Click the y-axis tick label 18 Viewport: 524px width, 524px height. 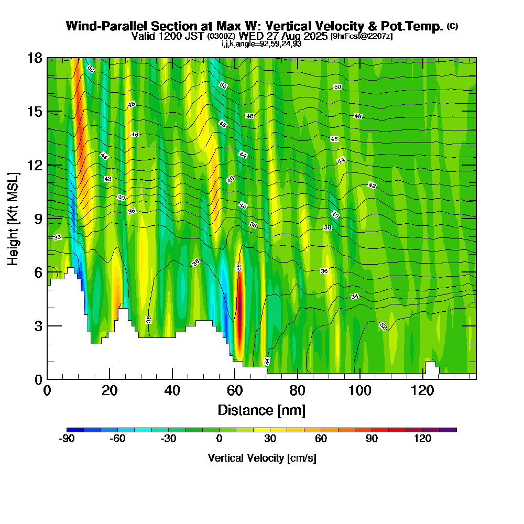(x=35, y=58)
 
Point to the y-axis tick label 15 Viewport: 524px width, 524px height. (x=35, y=112)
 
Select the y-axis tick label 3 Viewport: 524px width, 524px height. (x=38, y=325)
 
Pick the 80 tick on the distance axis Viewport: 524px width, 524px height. (x=297, y=390)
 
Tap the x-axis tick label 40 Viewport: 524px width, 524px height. (x=172, y=390)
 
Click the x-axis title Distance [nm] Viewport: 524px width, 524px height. (x=261, y=409)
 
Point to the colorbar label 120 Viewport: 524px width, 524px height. (x=422, y=439)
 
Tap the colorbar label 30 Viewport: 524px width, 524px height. (x=270, y=439)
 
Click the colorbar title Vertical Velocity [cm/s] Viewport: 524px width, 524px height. (x=261, y=458)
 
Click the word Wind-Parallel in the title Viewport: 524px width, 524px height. (x=100, y=26)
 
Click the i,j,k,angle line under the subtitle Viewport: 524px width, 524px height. (x=261, y=43)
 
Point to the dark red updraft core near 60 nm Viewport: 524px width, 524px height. (x=239, y=325)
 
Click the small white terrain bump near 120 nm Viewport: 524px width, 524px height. (x=431, y=367)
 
